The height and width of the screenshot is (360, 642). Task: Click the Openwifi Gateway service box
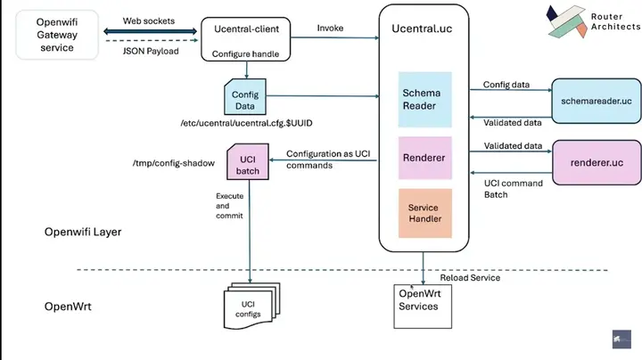click(x=56, y=35)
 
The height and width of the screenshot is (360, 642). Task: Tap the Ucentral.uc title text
click(x=424, y=29)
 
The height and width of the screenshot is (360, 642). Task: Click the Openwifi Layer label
click(x=83, y=232)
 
